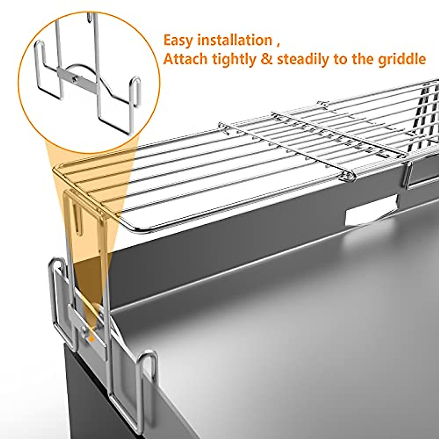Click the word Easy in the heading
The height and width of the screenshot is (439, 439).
click(x=179, y=40)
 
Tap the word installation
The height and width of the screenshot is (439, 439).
click(x=234, y=40)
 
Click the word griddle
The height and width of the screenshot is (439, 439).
click(x=402, y=59)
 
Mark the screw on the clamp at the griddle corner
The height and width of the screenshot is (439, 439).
click(x=85, y=331)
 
